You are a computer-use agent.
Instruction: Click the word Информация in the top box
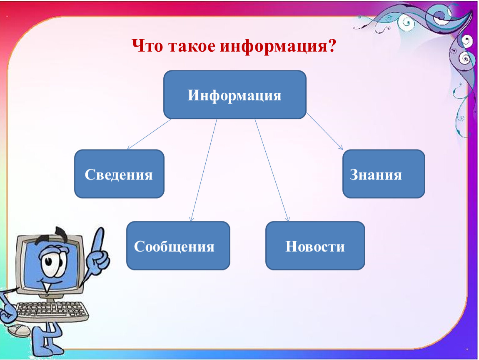click(235, 95)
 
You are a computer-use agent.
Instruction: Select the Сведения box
click(119, 174)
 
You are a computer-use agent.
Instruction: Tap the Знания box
click(384, 174)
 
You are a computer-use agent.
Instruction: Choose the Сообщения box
click(178, 246)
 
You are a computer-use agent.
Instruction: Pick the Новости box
click(315, 246)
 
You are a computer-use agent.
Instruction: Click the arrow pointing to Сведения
click(149, 134)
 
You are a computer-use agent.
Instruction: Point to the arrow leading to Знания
click(324, 131)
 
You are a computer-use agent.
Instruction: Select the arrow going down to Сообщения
click(203, 170)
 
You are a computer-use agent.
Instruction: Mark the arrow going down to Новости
click(272, 170)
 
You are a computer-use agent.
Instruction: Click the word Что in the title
click(147, 46)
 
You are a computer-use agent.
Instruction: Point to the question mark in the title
click(332, 45)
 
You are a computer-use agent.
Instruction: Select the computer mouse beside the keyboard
click(19, 330)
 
